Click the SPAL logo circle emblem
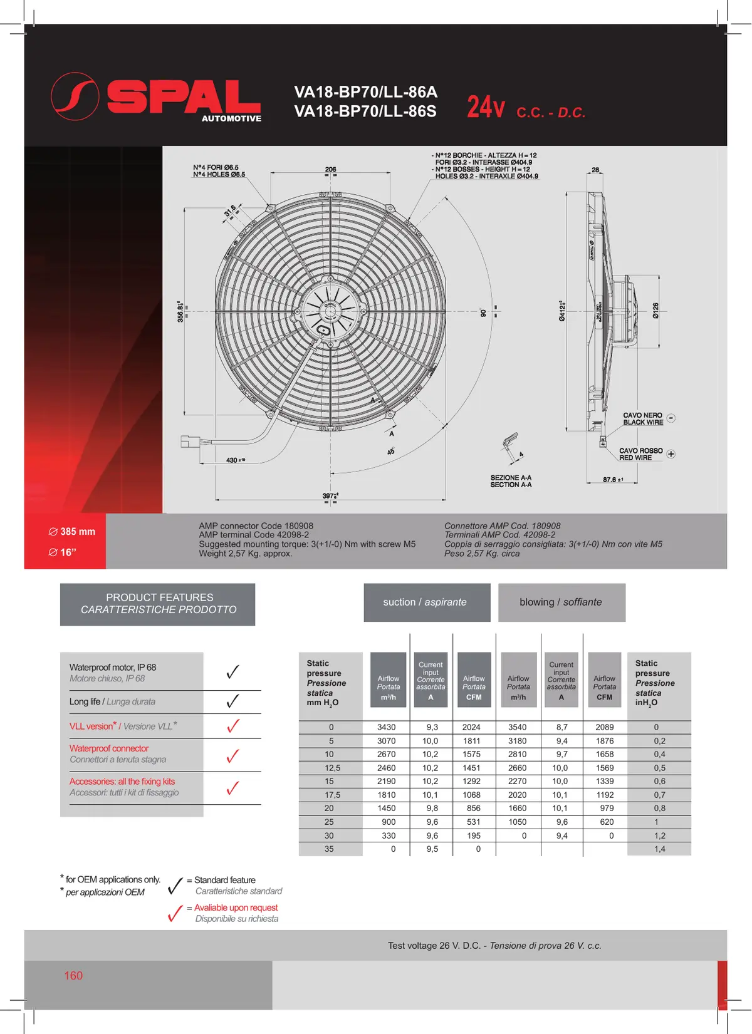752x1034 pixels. pos(75,96)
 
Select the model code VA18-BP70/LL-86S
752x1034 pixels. pos(365,112)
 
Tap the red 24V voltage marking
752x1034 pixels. pos(485,107)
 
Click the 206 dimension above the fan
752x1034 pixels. pos(331,169)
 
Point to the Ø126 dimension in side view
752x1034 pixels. pos(655,311)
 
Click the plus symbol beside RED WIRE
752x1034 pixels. pos(671,454)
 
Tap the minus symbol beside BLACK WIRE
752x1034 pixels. pos(671,418)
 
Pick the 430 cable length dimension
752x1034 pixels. pos(232,460)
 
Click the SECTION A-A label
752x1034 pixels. pos(511,485)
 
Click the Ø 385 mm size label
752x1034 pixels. pos(72,532)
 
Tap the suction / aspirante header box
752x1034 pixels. pos(427,602)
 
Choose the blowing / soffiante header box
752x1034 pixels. pos(561,602)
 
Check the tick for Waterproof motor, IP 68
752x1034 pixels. pos(232,672)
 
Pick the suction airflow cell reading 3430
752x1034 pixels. pos(387,727)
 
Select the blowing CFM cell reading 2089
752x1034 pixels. pos(605,727)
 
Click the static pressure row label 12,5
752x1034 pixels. pos(332,768)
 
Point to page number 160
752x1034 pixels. pos(73,976)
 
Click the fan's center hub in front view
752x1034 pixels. pos(330,309)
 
